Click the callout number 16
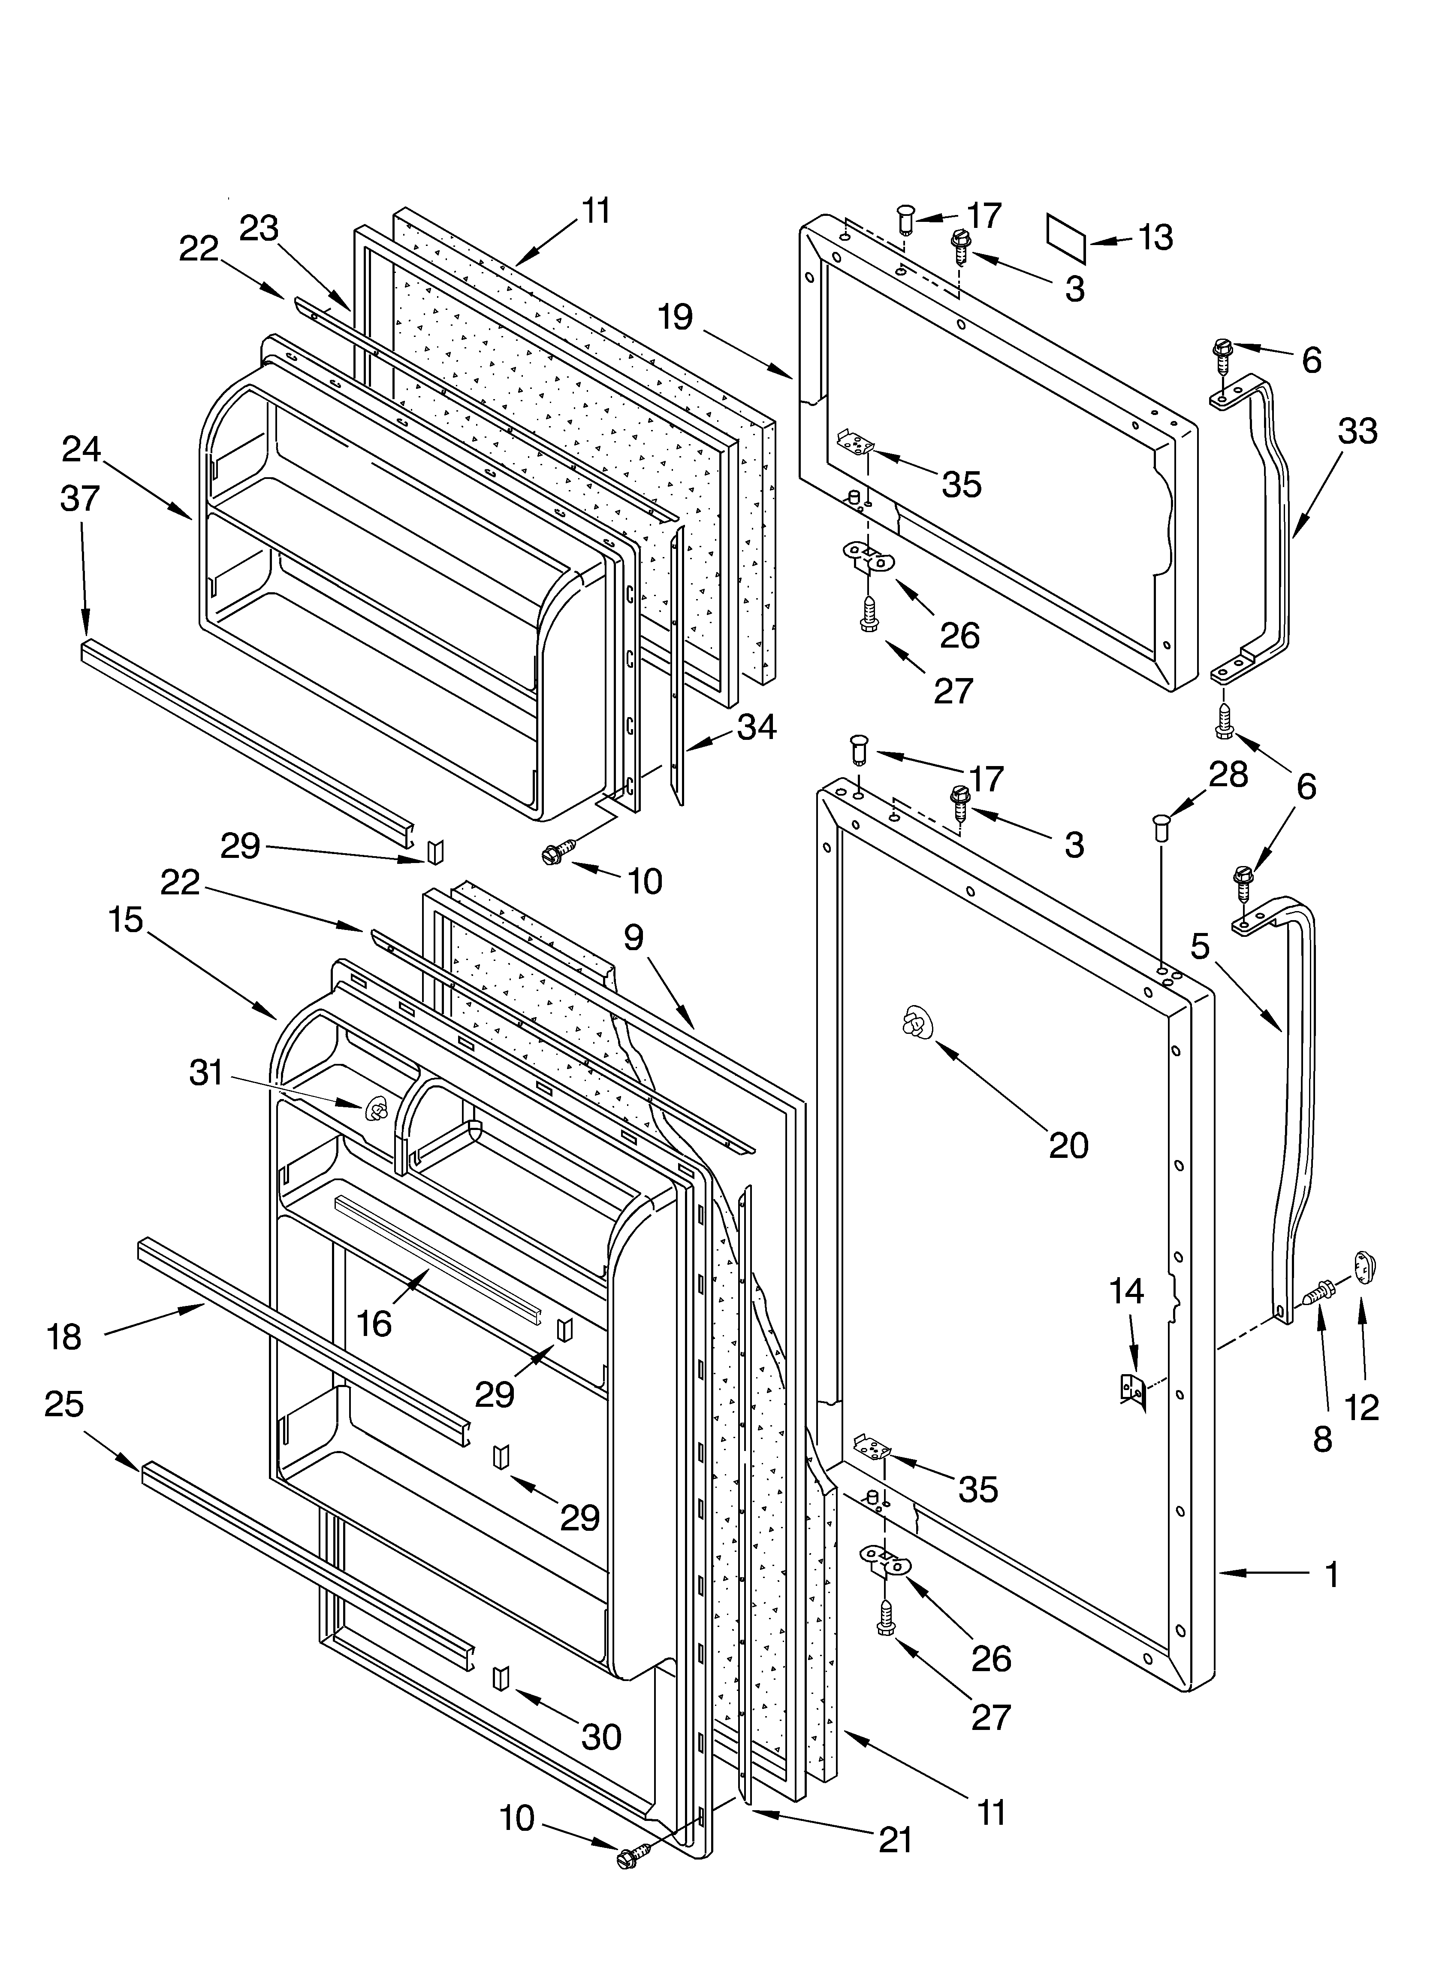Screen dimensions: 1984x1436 point(374,1324)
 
